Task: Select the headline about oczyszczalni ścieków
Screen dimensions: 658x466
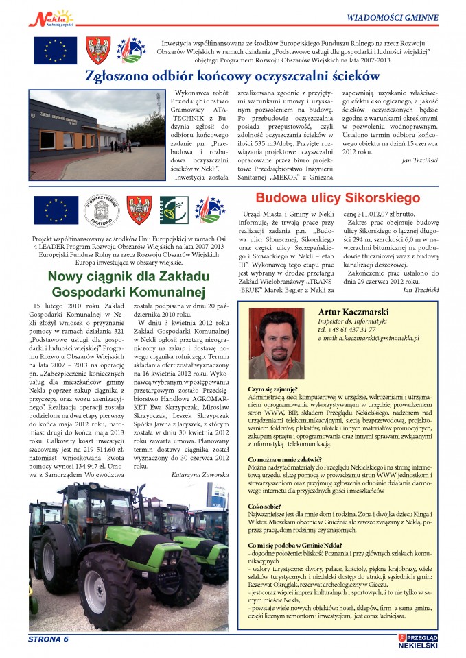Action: tap(234, 75)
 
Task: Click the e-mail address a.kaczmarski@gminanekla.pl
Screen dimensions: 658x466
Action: tap(369, 339)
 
